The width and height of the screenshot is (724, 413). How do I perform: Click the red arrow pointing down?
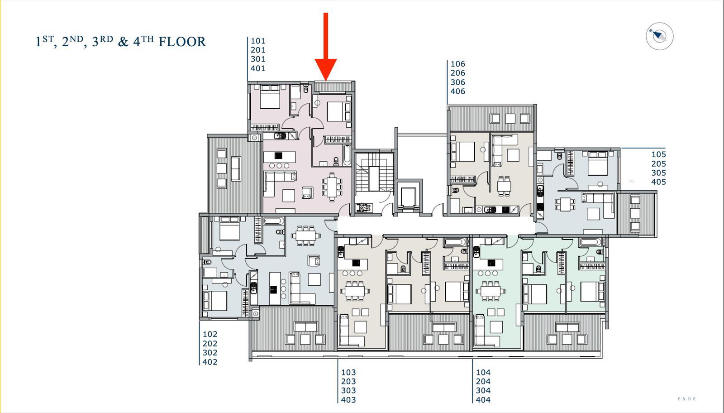(x=326, y=47)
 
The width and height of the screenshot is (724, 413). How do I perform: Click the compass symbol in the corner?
(x=659, y=36)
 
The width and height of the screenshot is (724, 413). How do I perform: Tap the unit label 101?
(x=258, y=41)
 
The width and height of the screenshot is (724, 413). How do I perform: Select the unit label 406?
(x=458, y=91)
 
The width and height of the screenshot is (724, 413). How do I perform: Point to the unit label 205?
(x=659, y=164)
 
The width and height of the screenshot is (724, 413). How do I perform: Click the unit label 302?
(x=210, y=353)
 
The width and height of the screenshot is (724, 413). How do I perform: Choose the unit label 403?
(x=348, y=400)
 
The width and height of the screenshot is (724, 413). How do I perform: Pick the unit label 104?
(x=483, y=373)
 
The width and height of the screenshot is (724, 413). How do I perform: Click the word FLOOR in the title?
(x=182, y=42)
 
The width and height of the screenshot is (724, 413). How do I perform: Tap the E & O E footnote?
(x=687, y=399)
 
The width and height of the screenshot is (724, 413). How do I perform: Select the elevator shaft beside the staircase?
(x=409, y=196)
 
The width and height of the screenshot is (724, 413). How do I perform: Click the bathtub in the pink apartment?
(x=347, y=155)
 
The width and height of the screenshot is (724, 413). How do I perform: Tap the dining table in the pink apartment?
(x=332, y=187)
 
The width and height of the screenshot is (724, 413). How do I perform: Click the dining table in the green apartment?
(x=491, y=291)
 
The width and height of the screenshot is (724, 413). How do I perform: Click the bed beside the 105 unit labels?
(x=598, y=163)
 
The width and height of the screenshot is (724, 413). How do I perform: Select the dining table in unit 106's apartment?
(x=504, y=186)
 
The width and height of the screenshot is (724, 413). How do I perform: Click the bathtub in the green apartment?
(x=591, y=242)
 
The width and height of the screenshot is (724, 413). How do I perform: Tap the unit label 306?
(x=458, y=82)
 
